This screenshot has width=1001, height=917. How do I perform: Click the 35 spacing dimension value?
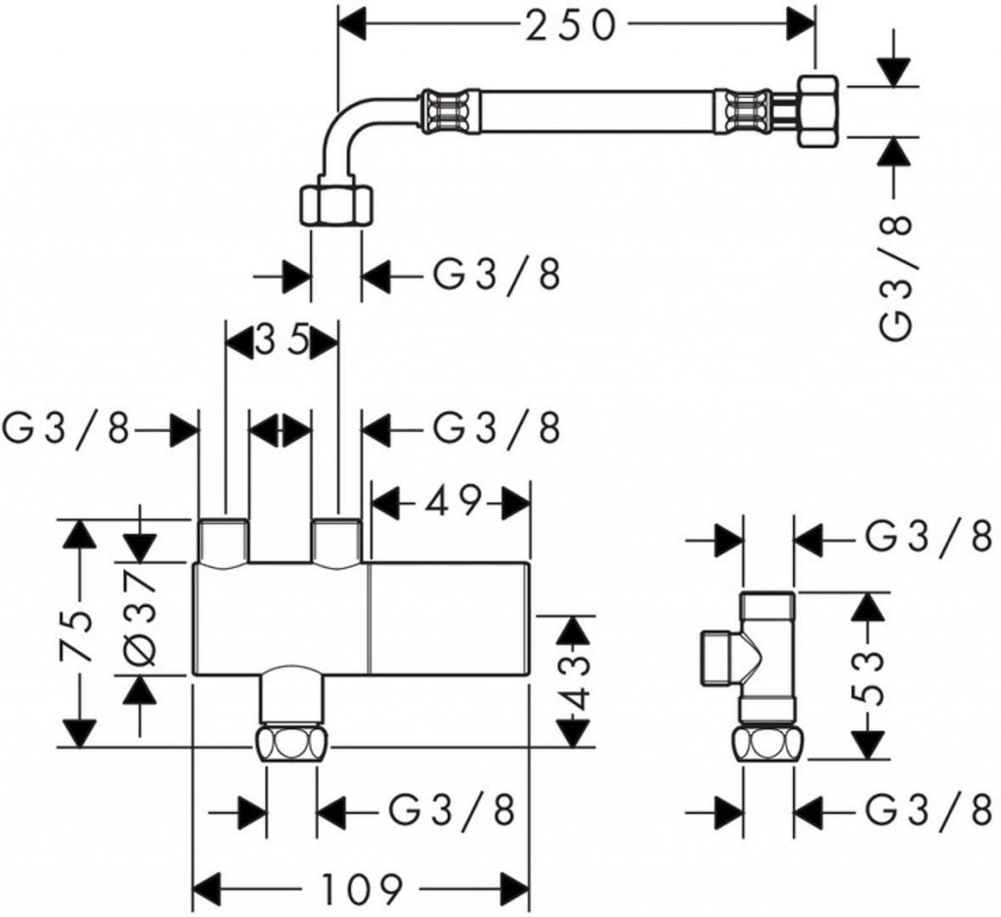(283, 341)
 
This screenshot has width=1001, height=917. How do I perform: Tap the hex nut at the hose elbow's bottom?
(335, 203)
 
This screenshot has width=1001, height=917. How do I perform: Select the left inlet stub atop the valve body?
(223, 540)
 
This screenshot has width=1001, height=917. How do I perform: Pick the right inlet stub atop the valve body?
(337, 540)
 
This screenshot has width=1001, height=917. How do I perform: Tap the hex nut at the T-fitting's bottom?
(768, 746)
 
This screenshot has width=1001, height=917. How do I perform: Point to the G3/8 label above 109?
(452, 808)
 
